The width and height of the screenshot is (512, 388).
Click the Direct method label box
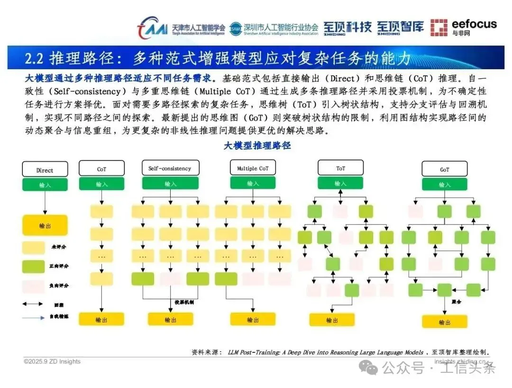tap(45, 170)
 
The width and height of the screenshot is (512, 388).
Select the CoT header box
tap(101, 169)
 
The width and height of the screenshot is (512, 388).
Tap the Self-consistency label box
tap(170, 168)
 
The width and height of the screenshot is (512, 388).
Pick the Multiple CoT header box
tap(253, 168)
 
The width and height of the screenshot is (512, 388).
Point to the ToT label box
tap(340, 168)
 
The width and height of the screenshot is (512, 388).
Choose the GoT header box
tap(444, 169)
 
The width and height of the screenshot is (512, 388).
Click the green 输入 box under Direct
tap(45, 185)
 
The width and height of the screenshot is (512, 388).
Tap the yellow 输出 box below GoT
tap(444, 322)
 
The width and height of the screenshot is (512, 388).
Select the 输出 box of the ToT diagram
tap(332, 320)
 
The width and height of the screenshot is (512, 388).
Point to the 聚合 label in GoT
tap(456, 301)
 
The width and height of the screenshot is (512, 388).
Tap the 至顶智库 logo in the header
tap(400, 28)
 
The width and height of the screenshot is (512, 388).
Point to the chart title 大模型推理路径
tap(257, 146)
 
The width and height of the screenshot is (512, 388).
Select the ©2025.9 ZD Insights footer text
tap(52, 361)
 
